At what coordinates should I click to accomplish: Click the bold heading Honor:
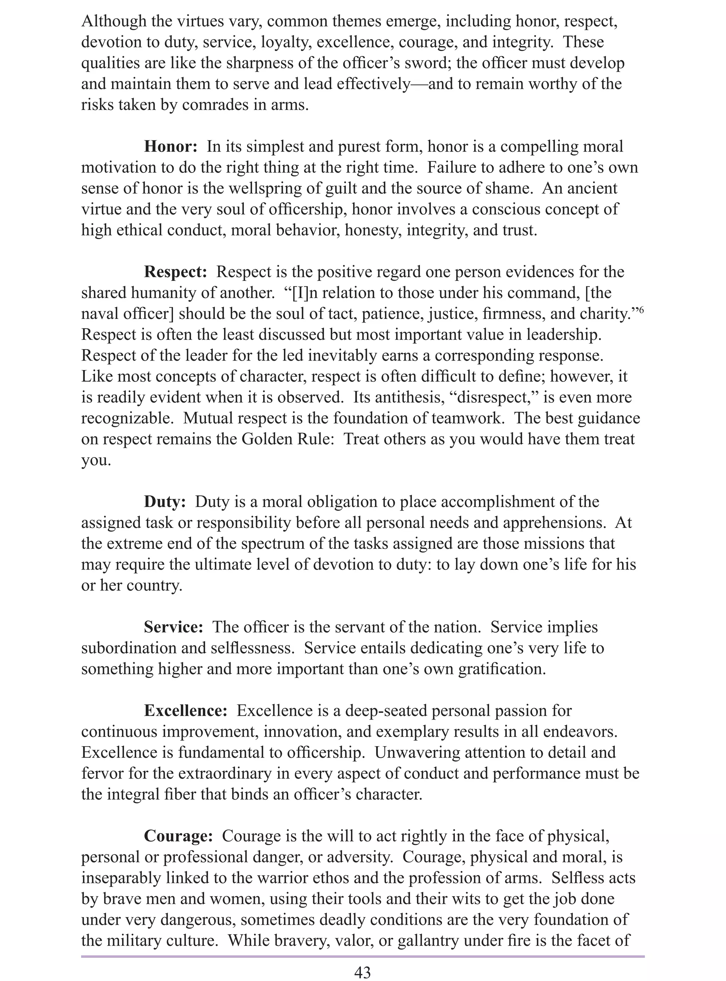click(171, 147)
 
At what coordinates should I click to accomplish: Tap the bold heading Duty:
click(165, 502)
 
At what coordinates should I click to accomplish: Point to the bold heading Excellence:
click(185, 711)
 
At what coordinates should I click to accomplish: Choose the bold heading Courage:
click(178, 836)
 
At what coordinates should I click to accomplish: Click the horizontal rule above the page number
click(363, 955)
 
